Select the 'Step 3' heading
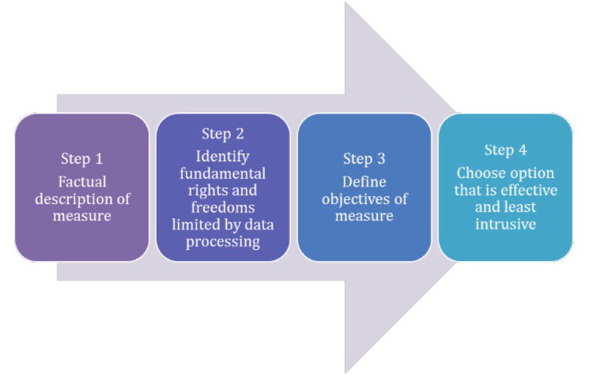[364, 158]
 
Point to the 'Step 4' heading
[506, 149]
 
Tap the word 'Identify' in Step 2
[223, 154]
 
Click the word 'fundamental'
[223, 172]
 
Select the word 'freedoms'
[223, 208]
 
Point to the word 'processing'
[223, 243]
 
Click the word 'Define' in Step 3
[364, 181]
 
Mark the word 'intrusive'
[506, 225]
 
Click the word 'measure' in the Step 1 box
[81, 215]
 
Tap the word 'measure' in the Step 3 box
[364, 216]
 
